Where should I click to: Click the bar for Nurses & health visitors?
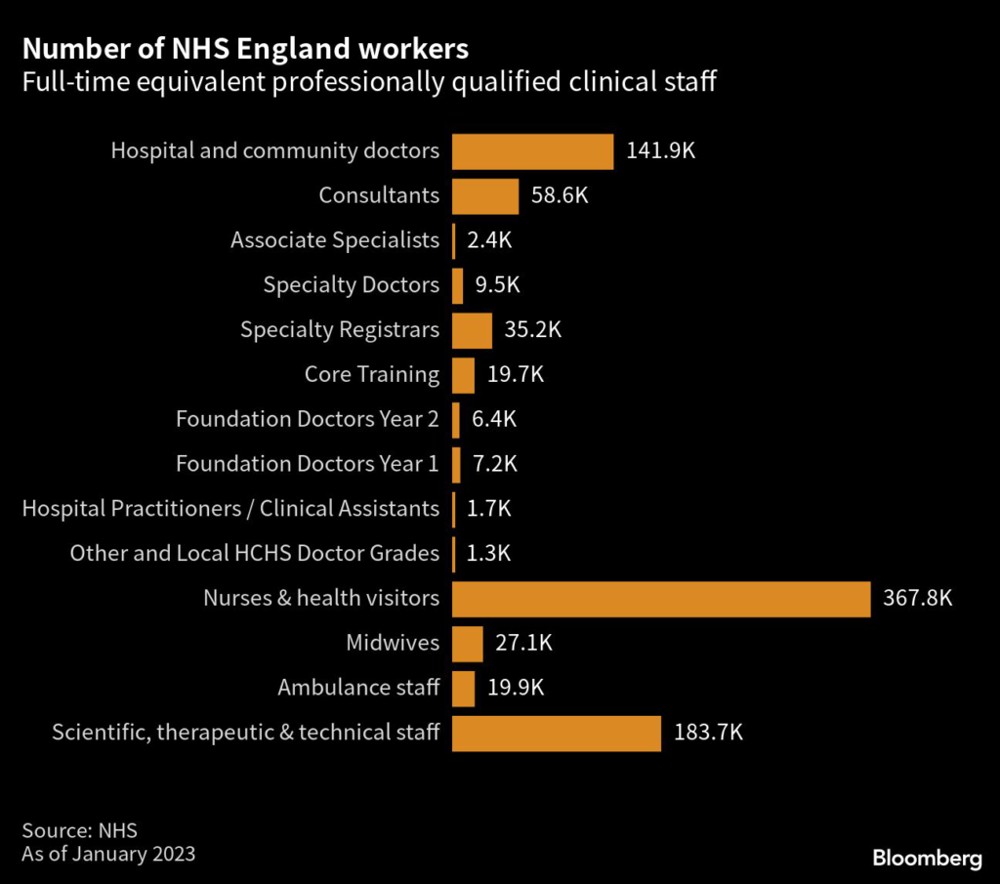[x=661, y=599]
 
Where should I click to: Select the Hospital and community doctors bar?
[x=533, y=151]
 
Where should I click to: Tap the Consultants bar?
[x=485, y=195]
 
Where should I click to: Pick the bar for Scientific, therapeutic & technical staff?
[x=557, y=733]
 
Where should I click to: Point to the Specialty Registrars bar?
[x=473, y=330]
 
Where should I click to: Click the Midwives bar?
[x=468, y=644]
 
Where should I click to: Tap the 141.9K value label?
[x=660, y=151]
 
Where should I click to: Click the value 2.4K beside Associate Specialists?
[x=487, y=240]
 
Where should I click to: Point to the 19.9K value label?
[x=516, y=688]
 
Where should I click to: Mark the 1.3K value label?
[x=487, y=554]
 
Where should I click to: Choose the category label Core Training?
[x=372, y=374]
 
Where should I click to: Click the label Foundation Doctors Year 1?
[x=308, y=464]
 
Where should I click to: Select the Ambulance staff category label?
[x=358, y=688]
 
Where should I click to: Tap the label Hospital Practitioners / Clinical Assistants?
[x=230, y=509]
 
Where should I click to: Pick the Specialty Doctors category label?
[x=352, y=285]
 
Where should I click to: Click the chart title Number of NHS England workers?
[x=245, y=49]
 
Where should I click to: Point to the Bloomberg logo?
[x=927, y=859]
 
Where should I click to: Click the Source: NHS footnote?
[x=79, y=831]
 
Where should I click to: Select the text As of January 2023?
[x=108, y=854]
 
